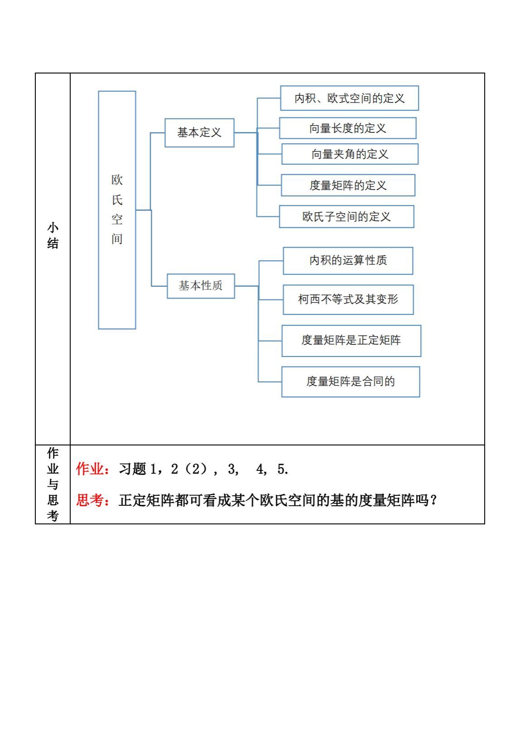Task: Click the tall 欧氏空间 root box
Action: [x=117, y=210]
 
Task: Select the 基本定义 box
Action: [x=199, y=132]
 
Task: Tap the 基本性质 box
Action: [x=201, y=286]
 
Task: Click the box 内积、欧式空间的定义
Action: [x=350, y=98]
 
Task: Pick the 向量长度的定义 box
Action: [x=348, y=128]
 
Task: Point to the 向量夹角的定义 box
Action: [x=350, y=154]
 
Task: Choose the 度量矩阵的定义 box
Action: [x=348, y=185]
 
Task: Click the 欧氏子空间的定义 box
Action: [x=346, y=217]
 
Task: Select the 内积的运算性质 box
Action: [x=348, y=261]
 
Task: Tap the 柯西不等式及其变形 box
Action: [x=348, y=299]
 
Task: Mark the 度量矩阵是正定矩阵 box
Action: [x=351, y=341]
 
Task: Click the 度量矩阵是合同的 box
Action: [x=350, y=381]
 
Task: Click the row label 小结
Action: [x=53, y=236]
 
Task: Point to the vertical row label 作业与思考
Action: [x=53, y=484]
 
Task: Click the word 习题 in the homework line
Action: [x=132, y=469]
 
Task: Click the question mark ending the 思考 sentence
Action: [x=433, y=500]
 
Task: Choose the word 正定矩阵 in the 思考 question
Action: [x=146, y=500]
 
